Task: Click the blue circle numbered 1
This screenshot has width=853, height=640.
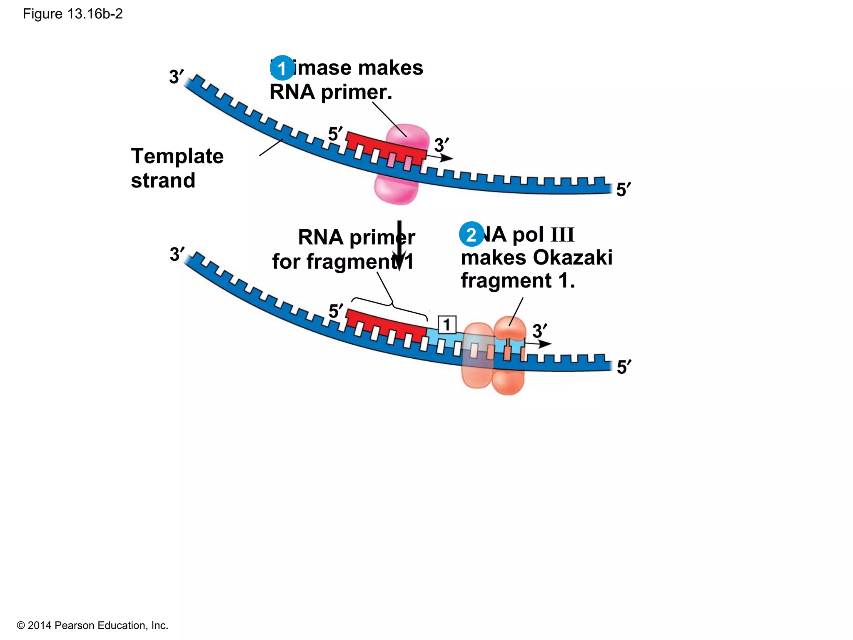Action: pos(282,68)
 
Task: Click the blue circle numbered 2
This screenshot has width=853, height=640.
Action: pos(471,234)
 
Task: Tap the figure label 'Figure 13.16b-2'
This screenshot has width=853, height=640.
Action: pos(72,14)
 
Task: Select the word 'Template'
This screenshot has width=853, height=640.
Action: pos(177,156)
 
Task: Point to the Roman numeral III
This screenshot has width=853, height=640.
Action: pos(562,235)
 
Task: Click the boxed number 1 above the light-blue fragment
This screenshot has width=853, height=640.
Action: pos(447,325)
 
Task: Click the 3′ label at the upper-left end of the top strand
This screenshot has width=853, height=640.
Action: pos(176,77)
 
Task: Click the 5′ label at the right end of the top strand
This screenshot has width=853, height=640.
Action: pos(623,190)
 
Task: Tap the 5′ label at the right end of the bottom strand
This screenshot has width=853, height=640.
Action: pos(624,367)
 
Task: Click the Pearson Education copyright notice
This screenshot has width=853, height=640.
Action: pos(92,625)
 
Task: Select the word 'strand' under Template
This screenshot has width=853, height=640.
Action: pos(163,180)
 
